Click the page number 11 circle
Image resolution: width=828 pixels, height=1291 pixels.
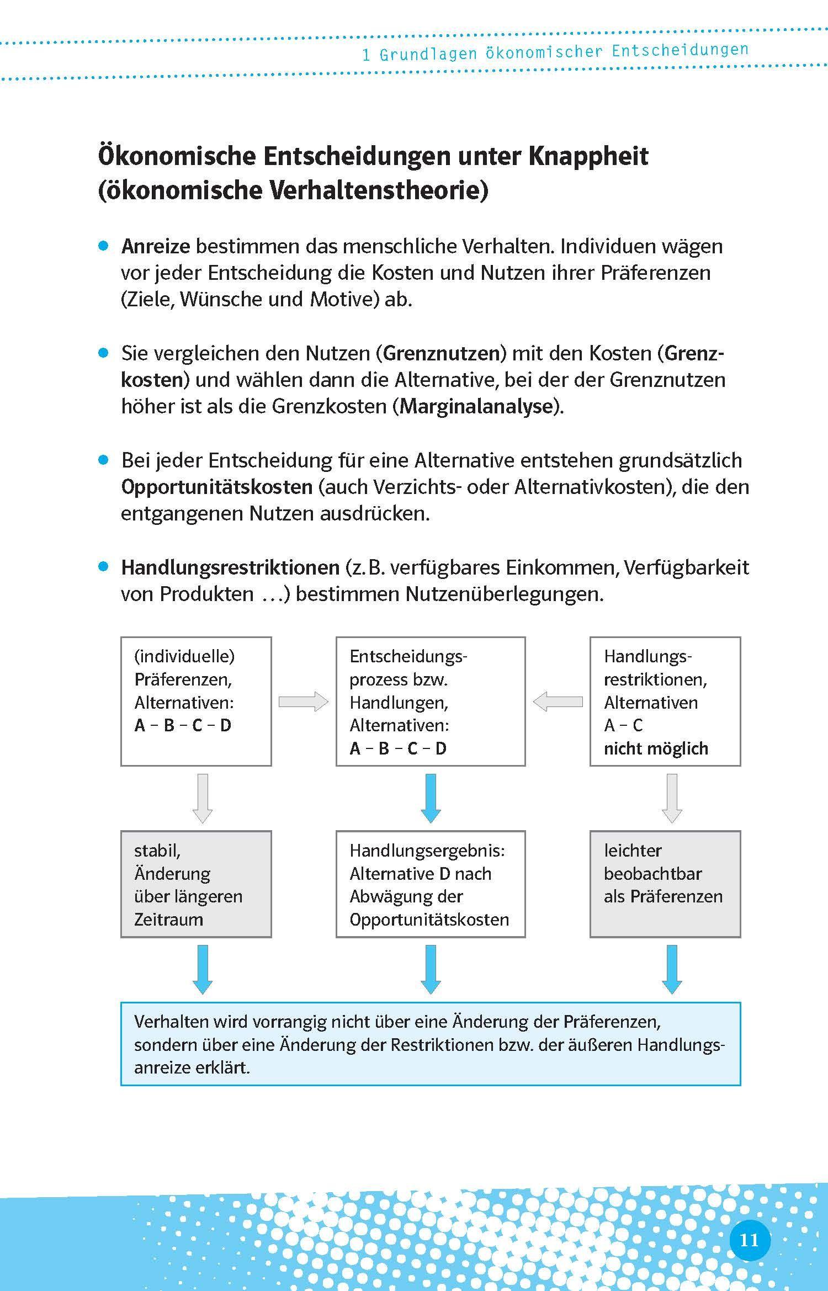[x=749, y=1240]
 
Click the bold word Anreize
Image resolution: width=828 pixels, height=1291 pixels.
[x=156, y=246]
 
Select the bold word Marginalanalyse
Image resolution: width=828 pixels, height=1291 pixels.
[x=476, y=406]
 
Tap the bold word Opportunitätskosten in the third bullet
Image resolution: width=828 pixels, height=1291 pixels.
[x=217, y=487]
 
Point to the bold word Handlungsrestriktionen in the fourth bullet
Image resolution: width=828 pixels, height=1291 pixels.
[x=230, y=567]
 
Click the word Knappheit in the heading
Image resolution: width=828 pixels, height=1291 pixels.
[x=588, y=156]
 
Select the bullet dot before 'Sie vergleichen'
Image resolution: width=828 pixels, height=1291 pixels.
[x=103, y=353]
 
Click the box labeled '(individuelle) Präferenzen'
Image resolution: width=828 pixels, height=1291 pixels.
[x=196, y=701]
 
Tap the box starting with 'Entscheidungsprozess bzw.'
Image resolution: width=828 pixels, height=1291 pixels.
[x=430, y=701]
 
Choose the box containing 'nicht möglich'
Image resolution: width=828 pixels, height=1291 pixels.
[x=665, y=701]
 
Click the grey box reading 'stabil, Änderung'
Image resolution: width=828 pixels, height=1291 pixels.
[x=196, y=884]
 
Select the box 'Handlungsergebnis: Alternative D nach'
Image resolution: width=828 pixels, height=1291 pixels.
[x=430, y=884]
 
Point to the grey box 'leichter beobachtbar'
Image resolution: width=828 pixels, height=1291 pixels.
[x=665, y=884]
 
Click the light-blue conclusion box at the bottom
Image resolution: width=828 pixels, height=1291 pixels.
[x=430, y=1044]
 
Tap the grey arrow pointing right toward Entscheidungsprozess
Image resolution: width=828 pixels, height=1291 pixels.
[x=303, y=702]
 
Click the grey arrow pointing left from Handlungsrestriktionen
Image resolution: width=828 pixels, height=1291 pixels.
[x=558, y=702]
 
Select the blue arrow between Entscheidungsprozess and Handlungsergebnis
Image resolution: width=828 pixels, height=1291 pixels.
[x=431, y=798]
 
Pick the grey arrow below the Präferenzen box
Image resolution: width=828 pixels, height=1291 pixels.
[x=203, y=798]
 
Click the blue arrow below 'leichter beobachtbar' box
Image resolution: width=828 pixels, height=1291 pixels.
[x=671, y=969]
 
